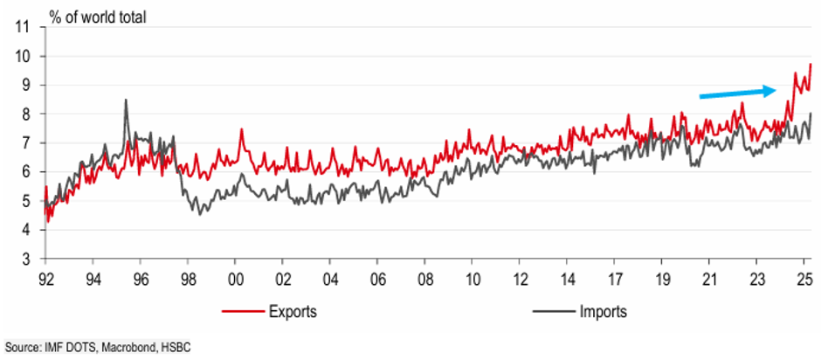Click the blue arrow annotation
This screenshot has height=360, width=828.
(738, 93)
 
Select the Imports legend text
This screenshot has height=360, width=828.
(603, 311)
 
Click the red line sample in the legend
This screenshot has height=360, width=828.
(244, 311)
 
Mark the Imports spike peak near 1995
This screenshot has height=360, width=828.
(126, 100)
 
